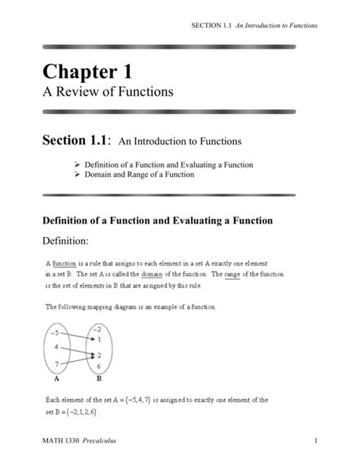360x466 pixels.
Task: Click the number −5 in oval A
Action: tap(55, 331)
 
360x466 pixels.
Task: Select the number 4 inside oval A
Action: tap(56, 347)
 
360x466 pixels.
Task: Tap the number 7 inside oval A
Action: tap(56, 363)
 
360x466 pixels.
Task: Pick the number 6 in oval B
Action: tap(99, 366)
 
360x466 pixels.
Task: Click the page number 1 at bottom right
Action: tap(314, 441)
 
